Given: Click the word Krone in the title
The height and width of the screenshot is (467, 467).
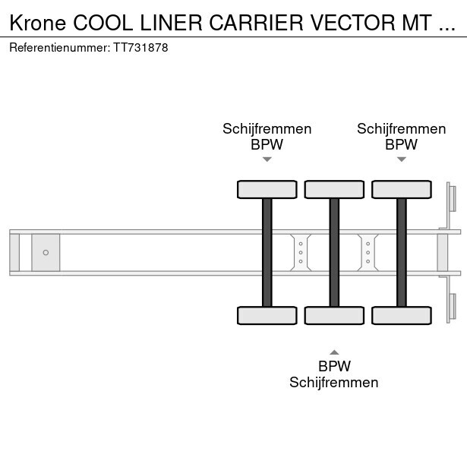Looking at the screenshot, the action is [x=38, y=23].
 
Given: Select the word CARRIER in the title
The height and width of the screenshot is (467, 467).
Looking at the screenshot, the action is [x=256, y=23].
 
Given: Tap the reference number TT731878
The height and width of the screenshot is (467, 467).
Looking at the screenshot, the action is [x=140, y=48].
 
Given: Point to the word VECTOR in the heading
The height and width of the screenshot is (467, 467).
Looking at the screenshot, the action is [x=353, y=23].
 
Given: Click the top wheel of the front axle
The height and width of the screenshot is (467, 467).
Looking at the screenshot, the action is [x=267, y=189].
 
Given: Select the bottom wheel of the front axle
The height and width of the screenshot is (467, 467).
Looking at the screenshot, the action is [x=267, y=315].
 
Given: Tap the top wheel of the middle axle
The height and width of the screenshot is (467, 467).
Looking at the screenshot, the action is [x=334, y=189].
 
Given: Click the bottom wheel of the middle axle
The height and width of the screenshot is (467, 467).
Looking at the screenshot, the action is [x=334, y=315].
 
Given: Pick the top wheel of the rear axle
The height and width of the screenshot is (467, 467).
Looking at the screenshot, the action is [x=402, y=189].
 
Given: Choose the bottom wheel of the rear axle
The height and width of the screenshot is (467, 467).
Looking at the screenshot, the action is [x=402, y=315].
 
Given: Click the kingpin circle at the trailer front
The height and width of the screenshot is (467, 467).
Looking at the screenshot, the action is [x=46, y=253].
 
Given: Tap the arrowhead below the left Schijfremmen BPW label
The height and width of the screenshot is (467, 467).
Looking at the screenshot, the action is [x=267, y=159].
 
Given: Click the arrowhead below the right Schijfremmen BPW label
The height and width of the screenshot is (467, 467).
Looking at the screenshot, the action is [x=402, y=159].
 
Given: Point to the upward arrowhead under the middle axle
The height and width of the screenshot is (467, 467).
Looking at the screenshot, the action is [x=334, y=352].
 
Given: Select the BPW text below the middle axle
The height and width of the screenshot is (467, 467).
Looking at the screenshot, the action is [x=334, y=366].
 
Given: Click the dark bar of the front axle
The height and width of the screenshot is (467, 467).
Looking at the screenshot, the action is [x=267, y=253].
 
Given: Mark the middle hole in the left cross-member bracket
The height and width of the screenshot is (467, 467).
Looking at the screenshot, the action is [x=301, y=253].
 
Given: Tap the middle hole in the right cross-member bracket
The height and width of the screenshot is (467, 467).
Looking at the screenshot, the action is [x=368, y=253].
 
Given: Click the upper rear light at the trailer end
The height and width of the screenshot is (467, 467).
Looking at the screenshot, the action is [x=453, y=199].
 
